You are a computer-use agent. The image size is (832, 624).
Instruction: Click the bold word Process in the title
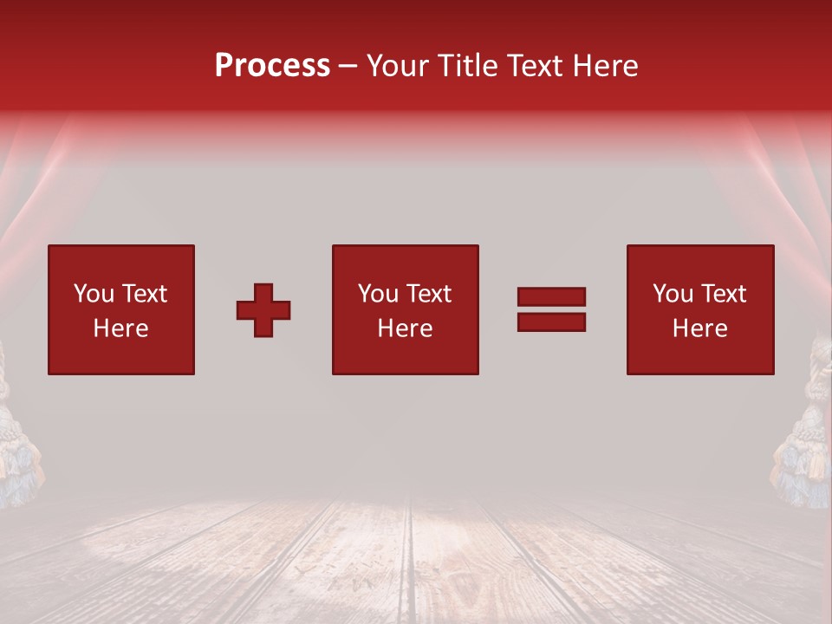pyautogui.click(x=272, y=66)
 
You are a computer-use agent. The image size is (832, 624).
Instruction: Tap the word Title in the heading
pyautogui.click(x=466, y=66)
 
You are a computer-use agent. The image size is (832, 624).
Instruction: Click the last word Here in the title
pyautogui.click(x=605, y=66)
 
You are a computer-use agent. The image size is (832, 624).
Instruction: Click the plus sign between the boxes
pyautogui.click(x=263, y=310)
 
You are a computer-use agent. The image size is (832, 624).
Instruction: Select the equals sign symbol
pyautogui.click(x=551, y=309)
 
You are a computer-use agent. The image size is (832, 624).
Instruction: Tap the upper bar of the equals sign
pyautogui.click(x=551, y=296)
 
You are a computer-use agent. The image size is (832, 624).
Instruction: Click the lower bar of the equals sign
pyautogui.click(x=551, y=322)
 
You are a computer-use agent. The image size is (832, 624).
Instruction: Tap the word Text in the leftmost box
pyautogui.click(x=144, y=294)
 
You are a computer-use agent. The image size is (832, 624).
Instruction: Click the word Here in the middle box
pyautogui.click(x=405, y=328)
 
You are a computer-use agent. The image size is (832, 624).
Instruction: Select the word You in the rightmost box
pyautogui.click(x=673, y=294)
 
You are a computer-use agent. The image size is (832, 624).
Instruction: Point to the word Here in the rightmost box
pyautogui.click(x=699, y=328)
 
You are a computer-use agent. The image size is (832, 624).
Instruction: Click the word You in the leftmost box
pyautogui.click(x=94, y=294)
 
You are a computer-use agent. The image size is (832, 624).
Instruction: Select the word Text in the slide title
pyautogui.click(x=536, y=66)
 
